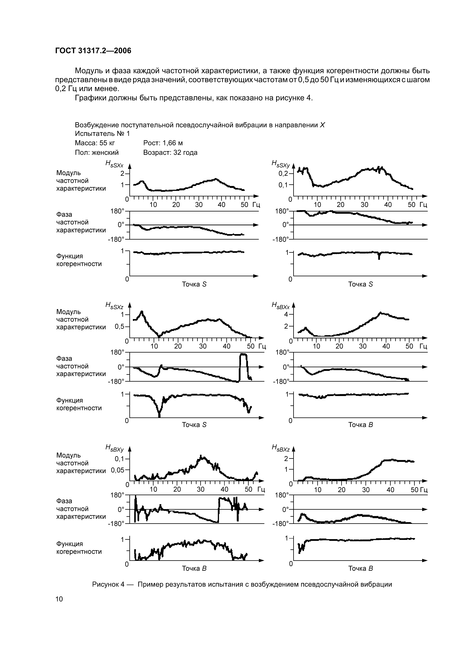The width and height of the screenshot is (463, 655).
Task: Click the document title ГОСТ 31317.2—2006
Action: coord(93,51)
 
